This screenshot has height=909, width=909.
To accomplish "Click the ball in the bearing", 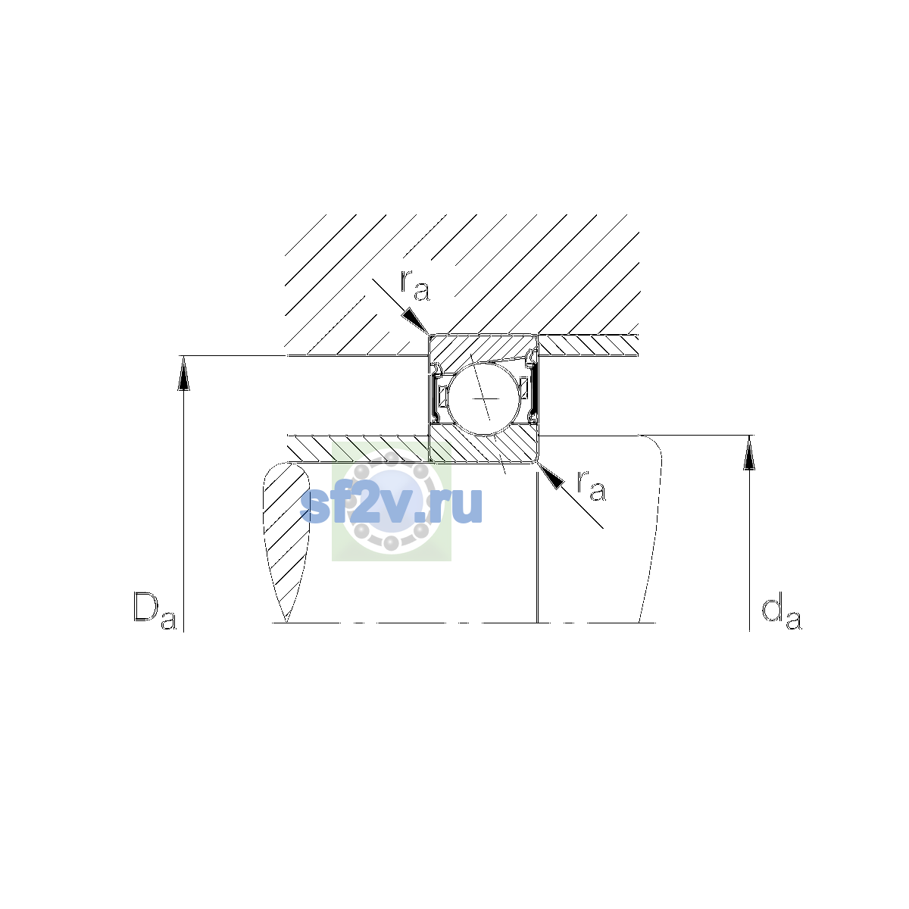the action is pyautogui.click(x=483, y=398).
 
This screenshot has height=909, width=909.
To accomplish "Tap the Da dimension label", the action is pyautogui.click(x=155, y=611).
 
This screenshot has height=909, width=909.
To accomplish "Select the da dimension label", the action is pyautogui.click(x=781, y=614).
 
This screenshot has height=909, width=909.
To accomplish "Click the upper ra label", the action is pyautogui.click(x=414, y=286).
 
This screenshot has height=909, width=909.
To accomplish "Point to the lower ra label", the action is pyautogui.click(x=591, y=486).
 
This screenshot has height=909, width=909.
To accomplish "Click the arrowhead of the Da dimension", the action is pyautogui.click(x=183, y=373).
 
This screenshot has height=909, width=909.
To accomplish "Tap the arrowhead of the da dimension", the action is pyautogui.click(x=749, y=453).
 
